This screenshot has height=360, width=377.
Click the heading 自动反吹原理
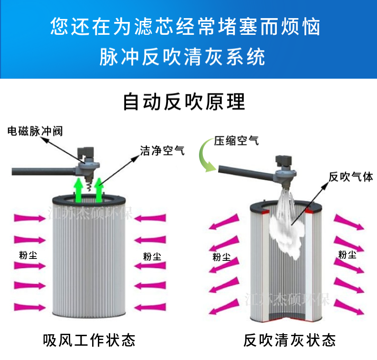(184, 102)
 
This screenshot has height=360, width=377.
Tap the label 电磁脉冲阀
(35, 132)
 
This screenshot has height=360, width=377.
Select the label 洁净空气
(162, 151)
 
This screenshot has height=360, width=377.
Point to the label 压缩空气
(236, 141)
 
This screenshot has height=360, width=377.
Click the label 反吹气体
(351, 177)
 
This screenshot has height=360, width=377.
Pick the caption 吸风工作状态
(89, 340)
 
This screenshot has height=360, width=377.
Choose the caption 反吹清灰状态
(290, 340)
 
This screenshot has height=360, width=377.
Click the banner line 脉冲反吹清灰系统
(182, 57)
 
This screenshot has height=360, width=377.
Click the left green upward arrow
(78, 191)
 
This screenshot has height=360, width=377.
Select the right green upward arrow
(99, 190)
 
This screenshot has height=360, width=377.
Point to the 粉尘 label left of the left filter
(28, 255)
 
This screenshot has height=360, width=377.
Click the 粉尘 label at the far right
(347, 255)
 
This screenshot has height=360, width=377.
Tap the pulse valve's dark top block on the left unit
(85, 153)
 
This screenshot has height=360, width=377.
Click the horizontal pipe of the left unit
(44, 172)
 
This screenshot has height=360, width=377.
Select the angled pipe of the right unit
(248, 173)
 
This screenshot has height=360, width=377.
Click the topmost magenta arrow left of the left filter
(30, 218)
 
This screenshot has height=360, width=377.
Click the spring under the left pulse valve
(89, 185)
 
